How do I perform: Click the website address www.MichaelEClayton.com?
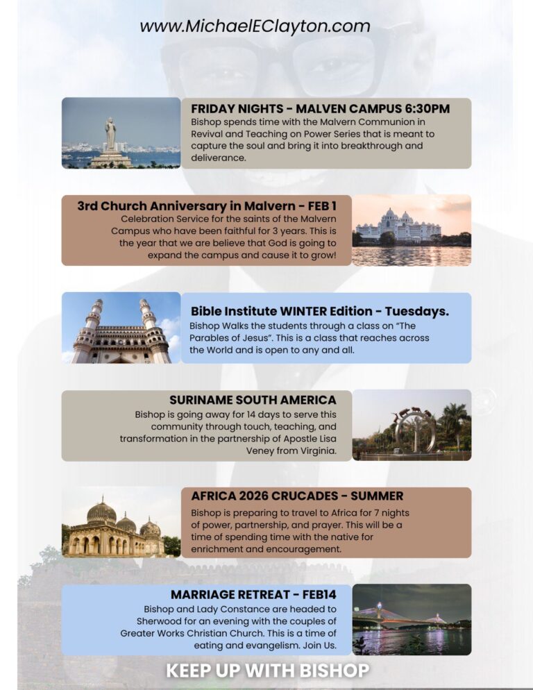pyautogui.click(x=255, y=26)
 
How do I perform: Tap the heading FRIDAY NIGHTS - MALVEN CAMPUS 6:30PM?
pyautogui.click(x=320, y=109)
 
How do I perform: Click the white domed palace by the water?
pyautogui.click(x=398, y=226)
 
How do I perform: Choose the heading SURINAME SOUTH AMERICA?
pyautogui.click(x=253, y=401)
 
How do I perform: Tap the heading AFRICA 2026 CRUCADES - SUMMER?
pyautogui.click(x=297, y=496)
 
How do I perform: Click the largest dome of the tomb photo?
pyautogui.click(x=101, y=513)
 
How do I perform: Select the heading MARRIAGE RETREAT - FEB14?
pyautogui.click(x=253, y=595)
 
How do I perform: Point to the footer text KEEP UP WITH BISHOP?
pyautogui.click(x=267, y=671)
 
